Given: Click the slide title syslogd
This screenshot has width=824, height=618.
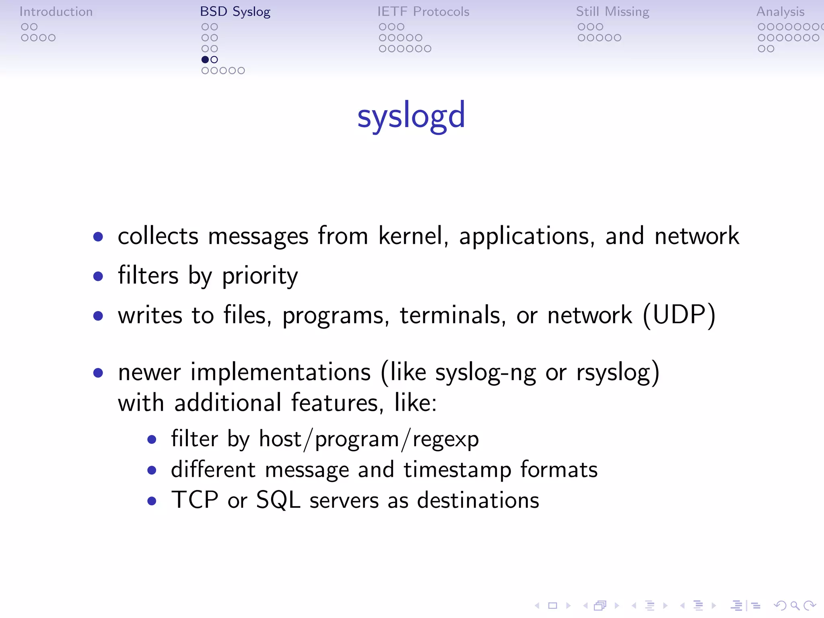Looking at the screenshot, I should coord(411,115).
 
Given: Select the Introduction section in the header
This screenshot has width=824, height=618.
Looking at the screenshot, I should coord(56,12).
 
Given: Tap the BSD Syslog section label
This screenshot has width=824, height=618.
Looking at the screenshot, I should coord(235,12).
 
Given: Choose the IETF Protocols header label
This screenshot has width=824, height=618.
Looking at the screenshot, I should coord(423,12).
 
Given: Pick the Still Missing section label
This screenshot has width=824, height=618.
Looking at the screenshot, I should coord(612,12).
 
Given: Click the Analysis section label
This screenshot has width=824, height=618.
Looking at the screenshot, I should coord(780,12).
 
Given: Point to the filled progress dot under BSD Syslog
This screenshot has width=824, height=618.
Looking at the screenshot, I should coord(205,60).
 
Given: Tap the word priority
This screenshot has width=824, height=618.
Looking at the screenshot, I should coord(260,276).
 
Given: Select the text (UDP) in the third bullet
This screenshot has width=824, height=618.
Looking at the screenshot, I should coord(679,315).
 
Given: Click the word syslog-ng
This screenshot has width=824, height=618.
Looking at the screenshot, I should coord(486,373).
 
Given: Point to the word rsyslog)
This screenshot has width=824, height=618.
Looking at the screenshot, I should coord(618,373).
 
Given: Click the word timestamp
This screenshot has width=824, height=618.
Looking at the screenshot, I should coord(457,470).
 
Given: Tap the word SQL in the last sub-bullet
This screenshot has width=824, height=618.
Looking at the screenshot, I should coord(278,501).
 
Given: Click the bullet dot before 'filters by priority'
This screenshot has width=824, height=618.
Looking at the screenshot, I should coord(98,276).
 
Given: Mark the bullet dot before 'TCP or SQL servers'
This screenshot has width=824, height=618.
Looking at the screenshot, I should coord(152,501).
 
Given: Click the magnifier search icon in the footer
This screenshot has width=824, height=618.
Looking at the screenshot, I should coord(795,605).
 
